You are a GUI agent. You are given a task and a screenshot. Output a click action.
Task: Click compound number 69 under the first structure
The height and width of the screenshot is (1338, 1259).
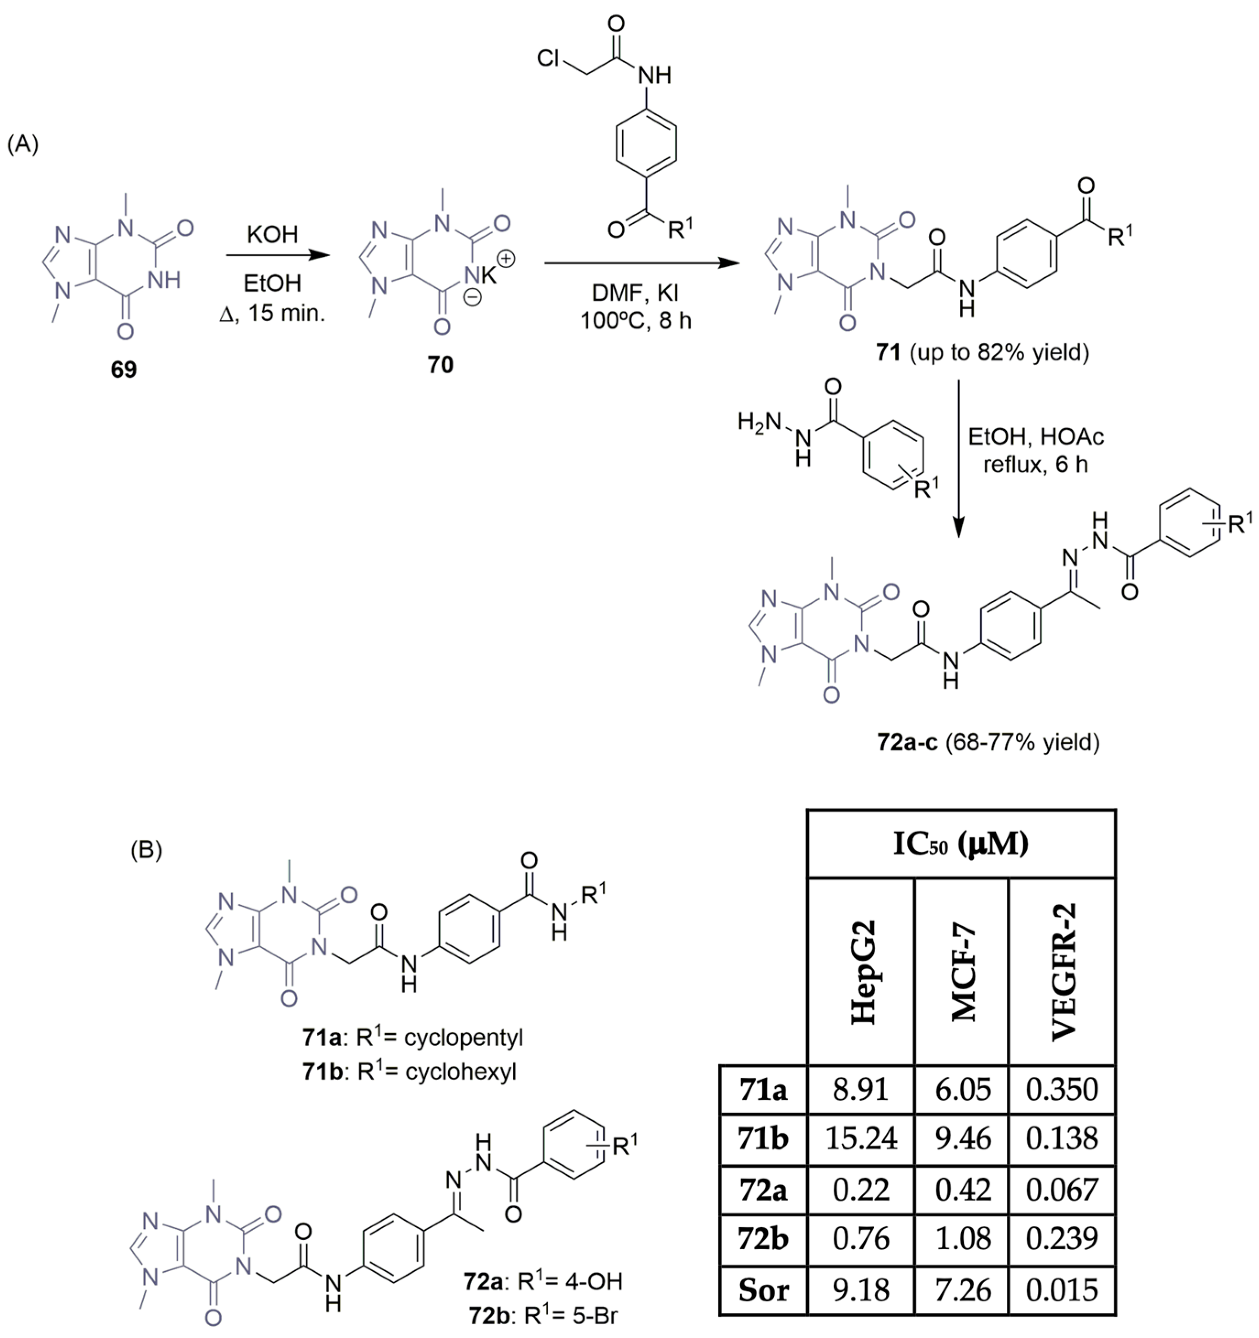123,369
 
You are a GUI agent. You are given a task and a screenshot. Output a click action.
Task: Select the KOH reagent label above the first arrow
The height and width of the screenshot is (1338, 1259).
272,235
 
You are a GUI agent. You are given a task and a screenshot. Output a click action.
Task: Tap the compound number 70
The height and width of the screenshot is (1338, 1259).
440,365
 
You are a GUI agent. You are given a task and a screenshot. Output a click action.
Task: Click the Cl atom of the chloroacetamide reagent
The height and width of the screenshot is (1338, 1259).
549,59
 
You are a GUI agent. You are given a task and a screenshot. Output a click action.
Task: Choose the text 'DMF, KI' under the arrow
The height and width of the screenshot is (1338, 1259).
635,293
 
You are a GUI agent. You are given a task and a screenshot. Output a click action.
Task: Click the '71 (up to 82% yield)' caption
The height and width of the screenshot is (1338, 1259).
982,351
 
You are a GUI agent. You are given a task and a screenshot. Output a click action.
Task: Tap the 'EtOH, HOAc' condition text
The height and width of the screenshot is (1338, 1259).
1036,437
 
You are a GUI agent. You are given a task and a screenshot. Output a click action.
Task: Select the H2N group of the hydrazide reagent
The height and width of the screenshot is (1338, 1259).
758,422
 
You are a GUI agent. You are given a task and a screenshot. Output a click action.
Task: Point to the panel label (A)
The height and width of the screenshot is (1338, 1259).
23,144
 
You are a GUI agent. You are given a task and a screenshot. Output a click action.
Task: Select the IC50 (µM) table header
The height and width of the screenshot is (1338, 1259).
961,843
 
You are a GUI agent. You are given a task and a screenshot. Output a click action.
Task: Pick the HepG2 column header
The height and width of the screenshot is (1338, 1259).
863,972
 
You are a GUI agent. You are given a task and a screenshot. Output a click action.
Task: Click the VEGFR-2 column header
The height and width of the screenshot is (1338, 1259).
1063,972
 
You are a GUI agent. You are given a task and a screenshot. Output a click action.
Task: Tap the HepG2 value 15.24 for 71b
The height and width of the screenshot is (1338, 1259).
861,1138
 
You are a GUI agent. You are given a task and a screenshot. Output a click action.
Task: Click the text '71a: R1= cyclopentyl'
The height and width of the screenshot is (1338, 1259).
412,1037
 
